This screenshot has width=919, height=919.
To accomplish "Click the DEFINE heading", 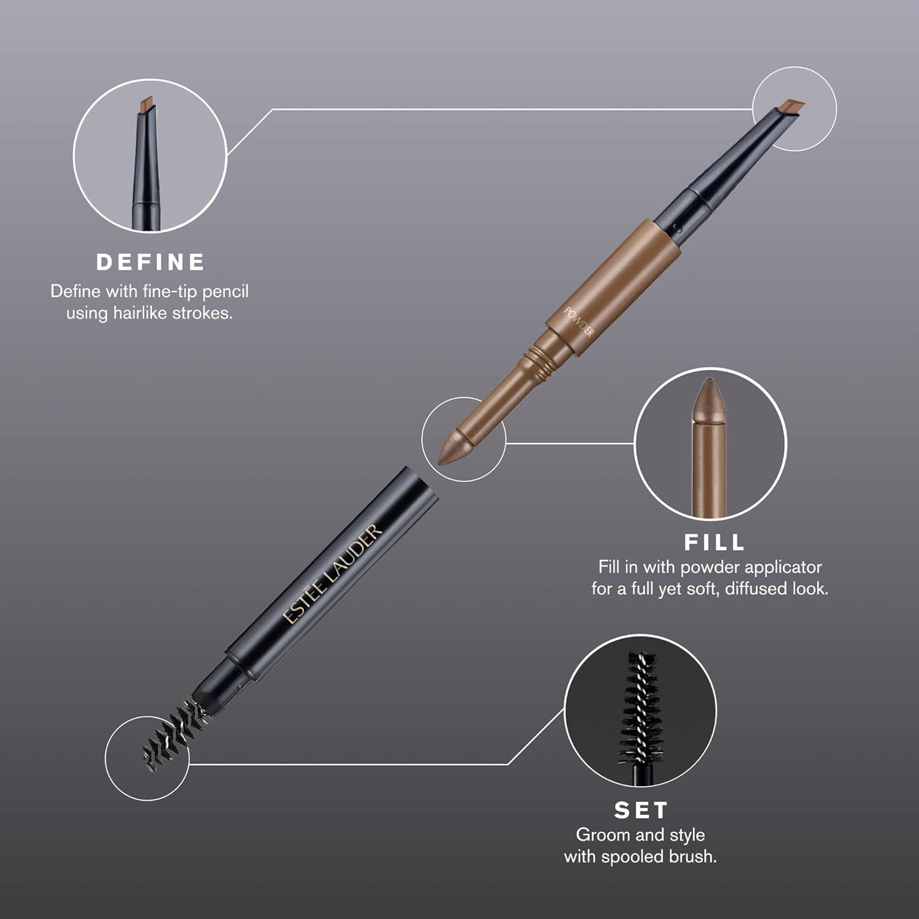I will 150,262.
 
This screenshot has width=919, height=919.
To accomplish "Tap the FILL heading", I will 714,542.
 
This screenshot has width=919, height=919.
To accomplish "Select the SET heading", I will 640,811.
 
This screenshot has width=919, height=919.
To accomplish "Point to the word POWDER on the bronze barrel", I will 578,322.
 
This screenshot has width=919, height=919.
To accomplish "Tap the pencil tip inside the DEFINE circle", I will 147,105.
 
